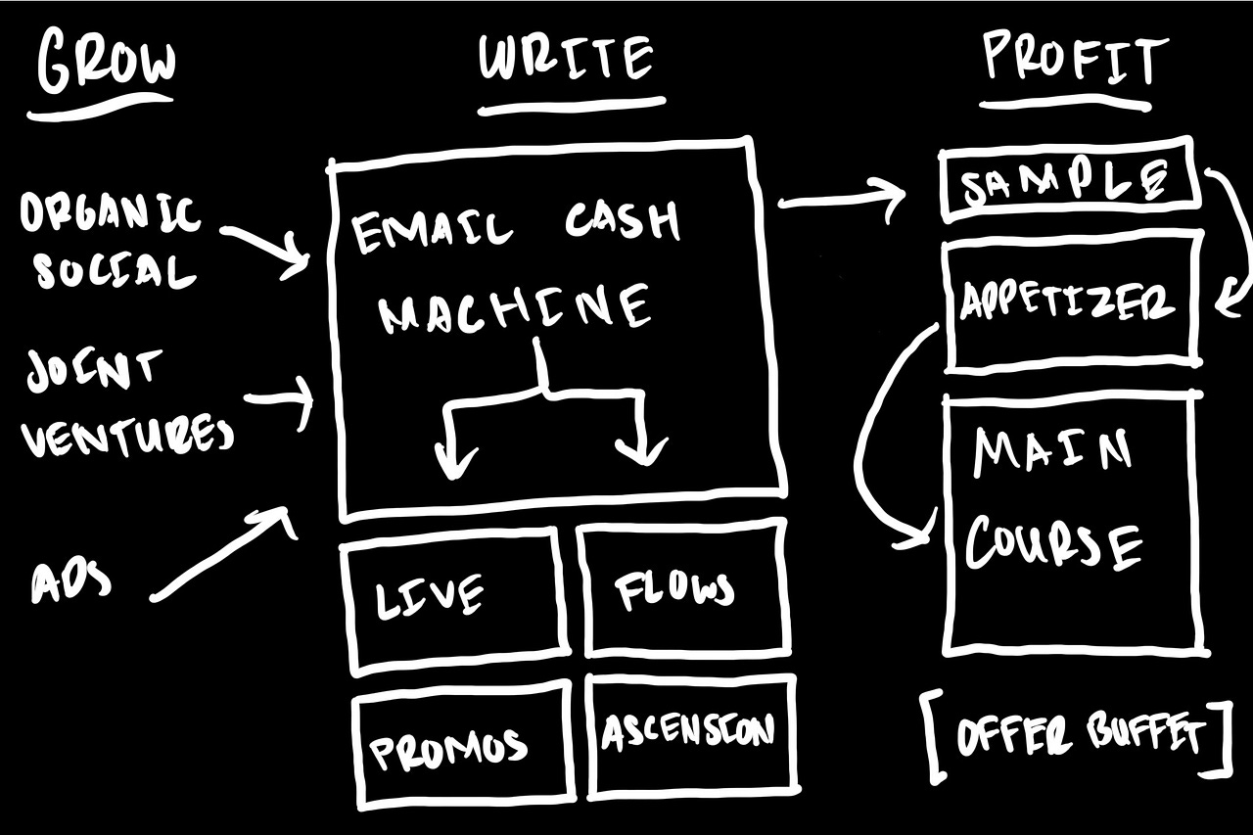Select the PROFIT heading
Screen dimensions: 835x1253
tap(1075, 61)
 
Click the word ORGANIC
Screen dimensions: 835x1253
tap(111, 213)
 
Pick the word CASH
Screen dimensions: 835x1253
tap(623, 222)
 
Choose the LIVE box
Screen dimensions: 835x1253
tap(454, 597)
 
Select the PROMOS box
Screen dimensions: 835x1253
tap(461, 746)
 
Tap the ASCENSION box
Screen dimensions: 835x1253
tap(689, 731)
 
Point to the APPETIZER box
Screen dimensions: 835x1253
tap(1068, 302)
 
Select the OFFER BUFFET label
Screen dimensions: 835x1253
tap(1078, 734)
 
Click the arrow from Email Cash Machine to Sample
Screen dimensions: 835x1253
tap(842, 202)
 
